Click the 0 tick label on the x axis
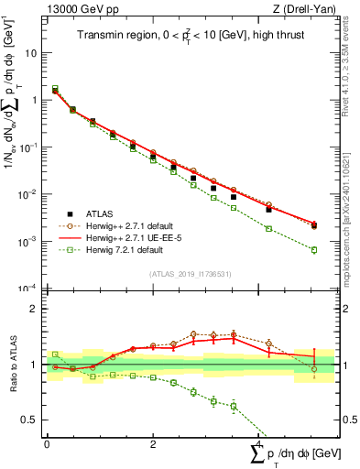click(x=47, y=444)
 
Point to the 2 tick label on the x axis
click(x=152, y=444)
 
